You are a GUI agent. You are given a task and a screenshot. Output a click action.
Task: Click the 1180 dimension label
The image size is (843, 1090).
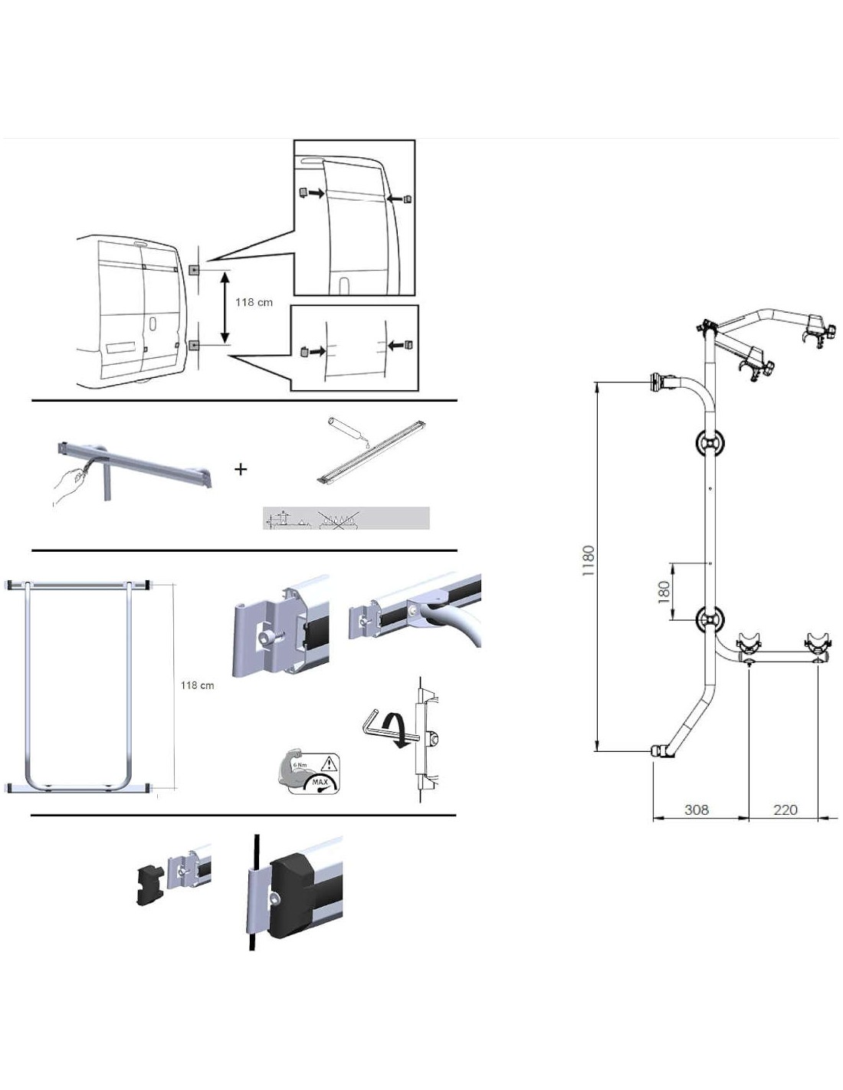click(x=589, y=561)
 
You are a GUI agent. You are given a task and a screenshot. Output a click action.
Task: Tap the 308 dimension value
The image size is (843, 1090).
click(x=696, y=809)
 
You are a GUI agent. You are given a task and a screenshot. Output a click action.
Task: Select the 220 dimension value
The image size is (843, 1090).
click(x=786, y=809)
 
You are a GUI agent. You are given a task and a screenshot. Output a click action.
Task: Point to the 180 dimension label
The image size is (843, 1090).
click(x=664, y=590)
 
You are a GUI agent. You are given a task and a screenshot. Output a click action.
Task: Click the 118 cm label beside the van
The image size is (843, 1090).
click(x=254, y=302)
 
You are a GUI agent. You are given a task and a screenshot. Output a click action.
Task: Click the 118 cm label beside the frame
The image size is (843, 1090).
click(x=197, y=685)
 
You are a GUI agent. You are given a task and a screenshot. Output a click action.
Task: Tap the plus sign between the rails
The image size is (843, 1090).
click(x=241, y=468)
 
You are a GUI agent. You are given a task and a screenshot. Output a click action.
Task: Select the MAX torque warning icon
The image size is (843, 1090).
click(x=308, y=772)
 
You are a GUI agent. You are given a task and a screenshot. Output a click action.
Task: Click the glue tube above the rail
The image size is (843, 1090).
click(x=347, y=431)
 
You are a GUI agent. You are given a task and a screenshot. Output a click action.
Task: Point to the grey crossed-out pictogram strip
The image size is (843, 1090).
click(x=346, y=518)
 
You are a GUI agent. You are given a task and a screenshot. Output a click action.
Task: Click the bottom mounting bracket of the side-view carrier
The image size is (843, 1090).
click(x=660, y=750)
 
